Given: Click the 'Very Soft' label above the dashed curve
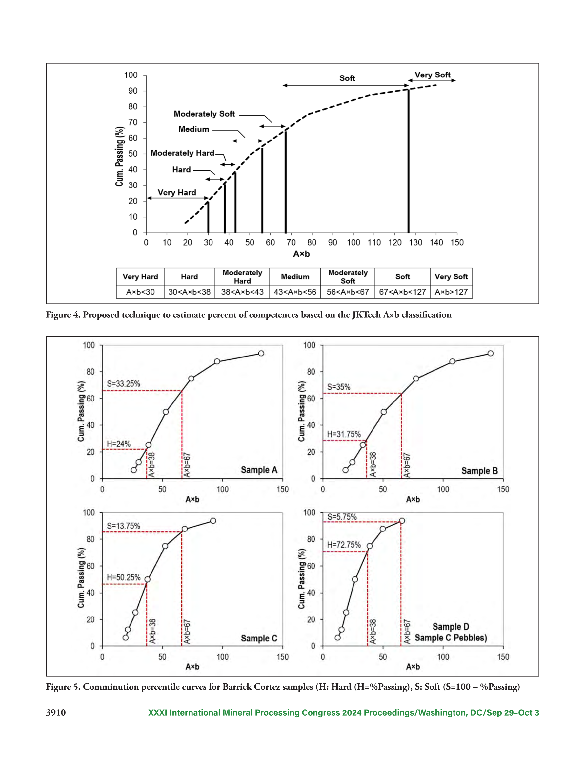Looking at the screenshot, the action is click(433, 75).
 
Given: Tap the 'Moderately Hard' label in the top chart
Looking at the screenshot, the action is click(182, 153).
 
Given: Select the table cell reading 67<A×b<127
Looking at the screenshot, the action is click(402, 292).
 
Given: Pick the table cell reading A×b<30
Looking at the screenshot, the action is click(140, 292).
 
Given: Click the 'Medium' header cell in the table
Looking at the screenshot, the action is click(295, 277).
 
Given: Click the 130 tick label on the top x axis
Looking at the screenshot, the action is click(415, 243).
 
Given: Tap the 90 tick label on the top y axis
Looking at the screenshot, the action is click(133, 91).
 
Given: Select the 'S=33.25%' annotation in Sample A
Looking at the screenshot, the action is click(123, 383).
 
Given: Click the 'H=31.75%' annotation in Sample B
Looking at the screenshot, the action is click(344, 434).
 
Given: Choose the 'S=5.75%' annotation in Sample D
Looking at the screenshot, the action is click(342, 517).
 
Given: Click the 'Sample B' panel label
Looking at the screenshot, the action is click(480, 471).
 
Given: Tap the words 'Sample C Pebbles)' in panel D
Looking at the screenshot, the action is click(451, 638).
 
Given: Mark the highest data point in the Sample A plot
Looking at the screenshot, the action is click(261, 353).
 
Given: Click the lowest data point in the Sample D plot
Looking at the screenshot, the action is click(337, 638).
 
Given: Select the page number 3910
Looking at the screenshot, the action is click(56, 713).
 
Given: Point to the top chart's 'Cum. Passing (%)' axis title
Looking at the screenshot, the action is click(119, 156).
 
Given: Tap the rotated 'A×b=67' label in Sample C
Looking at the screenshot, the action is click(187, 632).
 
